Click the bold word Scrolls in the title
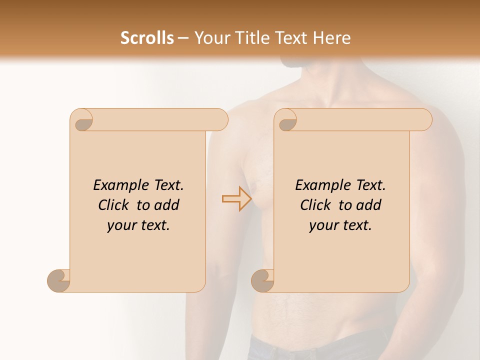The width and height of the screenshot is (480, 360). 147,38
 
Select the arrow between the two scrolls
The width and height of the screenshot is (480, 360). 237,199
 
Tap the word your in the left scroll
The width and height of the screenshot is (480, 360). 121,226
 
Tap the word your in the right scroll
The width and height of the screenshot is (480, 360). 323,226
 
